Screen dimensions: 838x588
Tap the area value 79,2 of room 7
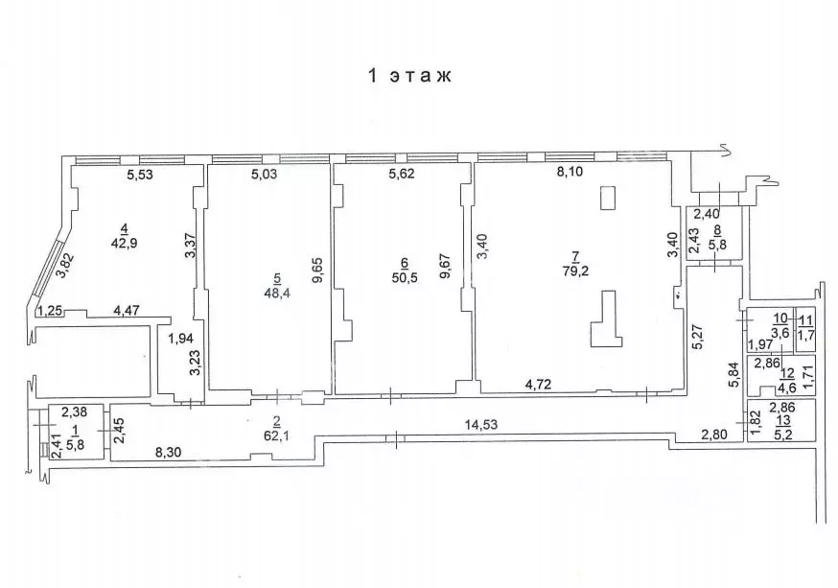point(575,271)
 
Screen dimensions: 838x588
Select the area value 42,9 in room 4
point(125,244)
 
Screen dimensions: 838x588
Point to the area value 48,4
point(277,293)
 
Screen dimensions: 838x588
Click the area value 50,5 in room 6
point(404,277)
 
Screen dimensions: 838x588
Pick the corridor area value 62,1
point(277,436)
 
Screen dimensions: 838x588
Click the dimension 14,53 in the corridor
point(480,425)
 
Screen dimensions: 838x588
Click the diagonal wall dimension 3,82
point(64,265)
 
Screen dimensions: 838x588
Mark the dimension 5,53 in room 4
point(139,175)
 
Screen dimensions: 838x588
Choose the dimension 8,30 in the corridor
point(168,452)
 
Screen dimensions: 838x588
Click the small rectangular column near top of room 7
point(608,197)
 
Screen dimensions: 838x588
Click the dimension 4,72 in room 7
point(538,384)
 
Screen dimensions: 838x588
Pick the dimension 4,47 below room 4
point(127,310)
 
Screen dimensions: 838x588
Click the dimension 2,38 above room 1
point(74,412)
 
